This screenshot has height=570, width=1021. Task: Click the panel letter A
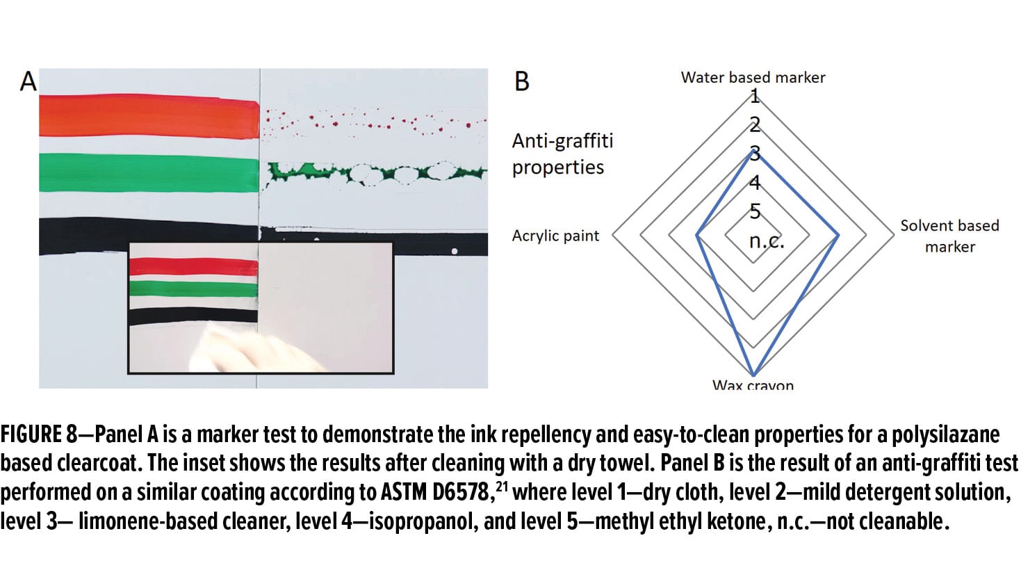point(28,81)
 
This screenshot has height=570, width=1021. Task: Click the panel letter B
point(522,81)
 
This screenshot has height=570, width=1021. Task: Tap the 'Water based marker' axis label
point(753,78)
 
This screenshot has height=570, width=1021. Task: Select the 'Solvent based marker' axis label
point(950,236)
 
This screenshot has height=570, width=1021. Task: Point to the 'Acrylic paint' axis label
point(555,236)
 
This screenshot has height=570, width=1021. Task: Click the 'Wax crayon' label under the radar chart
point(753,384)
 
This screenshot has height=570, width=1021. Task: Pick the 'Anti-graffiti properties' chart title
point(562,154)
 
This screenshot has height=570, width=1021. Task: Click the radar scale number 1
point(755,96)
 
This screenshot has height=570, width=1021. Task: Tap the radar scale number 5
point(755,211)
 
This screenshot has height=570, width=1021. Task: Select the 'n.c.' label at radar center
point(767,241)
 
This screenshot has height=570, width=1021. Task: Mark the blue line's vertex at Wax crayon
point(753,375)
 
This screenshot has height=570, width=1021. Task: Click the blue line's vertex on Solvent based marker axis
point(838,235)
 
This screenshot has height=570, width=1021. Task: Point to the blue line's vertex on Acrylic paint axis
point(696,235)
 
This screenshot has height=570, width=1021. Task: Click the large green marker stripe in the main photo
point(149,172)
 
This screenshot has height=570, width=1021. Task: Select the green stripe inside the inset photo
point(194,289)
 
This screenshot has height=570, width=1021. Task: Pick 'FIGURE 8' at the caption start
point(39,434)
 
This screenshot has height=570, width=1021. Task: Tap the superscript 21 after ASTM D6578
point(501,487)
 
